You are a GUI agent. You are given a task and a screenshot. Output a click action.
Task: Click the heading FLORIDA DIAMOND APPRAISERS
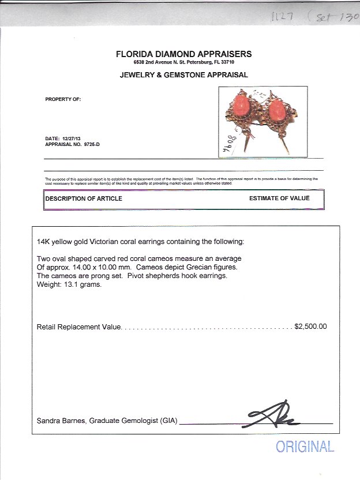(183, 54)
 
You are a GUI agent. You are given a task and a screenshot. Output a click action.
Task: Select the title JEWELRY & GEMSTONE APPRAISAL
(183, 75)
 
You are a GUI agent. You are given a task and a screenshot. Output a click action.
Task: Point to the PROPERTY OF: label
(63, 99)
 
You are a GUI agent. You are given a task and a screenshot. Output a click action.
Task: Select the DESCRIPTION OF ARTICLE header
(84, 198)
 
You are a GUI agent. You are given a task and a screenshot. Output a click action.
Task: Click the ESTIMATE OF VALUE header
(279, 198)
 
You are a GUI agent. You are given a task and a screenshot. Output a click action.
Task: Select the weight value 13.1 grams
(82, 283)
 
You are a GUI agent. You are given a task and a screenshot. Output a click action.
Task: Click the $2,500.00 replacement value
(310, 327)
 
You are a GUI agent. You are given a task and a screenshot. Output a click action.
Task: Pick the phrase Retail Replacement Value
(78, 327)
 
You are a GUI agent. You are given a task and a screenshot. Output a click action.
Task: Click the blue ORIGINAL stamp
(305, 447)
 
